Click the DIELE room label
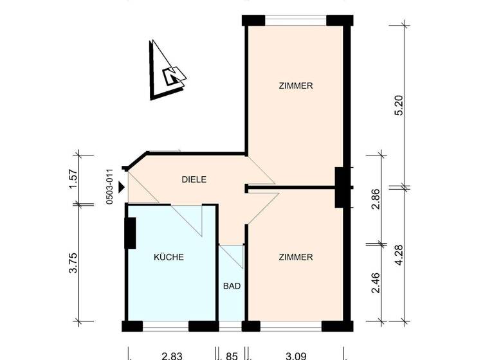[194, 180]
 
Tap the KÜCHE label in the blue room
[169, 257]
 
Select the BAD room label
[232, 286]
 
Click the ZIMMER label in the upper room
[296, 85]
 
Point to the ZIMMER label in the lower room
[296, 257]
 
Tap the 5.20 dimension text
[399, 105]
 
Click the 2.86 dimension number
[377, 199]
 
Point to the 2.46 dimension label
[377, 283]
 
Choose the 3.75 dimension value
[73, 263]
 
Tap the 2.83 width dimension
[172, 354]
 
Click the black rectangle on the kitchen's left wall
[129, 233]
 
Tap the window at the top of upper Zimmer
[296, 19]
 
